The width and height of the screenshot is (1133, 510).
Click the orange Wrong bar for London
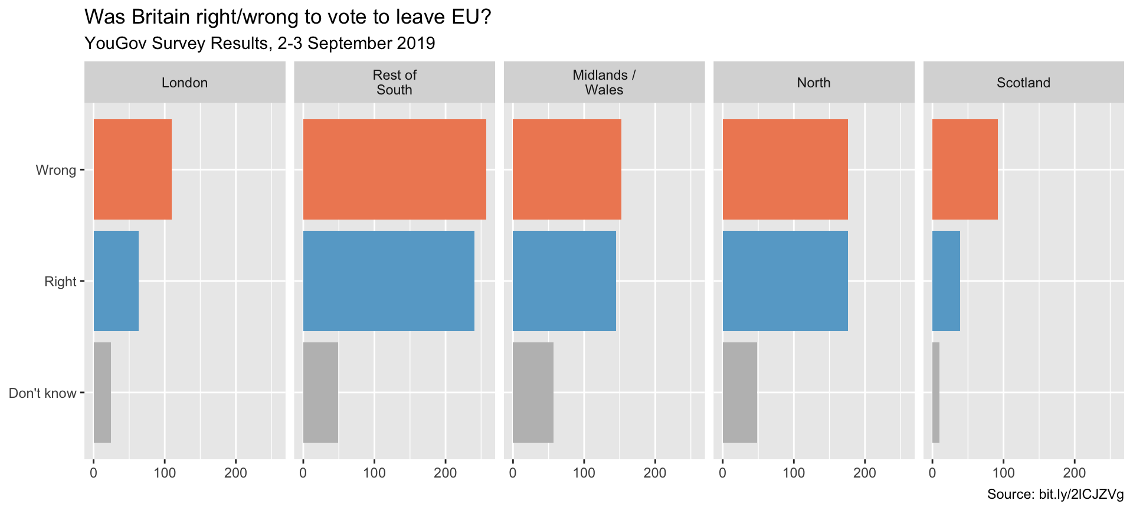click(132, 169)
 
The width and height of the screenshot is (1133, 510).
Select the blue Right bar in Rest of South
click(388, 281)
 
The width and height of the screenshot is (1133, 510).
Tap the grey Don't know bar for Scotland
click(936, 393)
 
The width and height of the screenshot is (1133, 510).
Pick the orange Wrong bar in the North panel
click(785, 169)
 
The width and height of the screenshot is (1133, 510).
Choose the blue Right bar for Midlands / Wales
click(564, 281)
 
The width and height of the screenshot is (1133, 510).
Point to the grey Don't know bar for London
click(102, 393)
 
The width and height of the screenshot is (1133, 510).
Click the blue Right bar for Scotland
click(946, 281)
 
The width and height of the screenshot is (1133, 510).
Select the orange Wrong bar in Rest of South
click(394, 169)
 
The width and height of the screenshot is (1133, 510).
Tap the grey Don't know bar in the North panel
click(739, 393)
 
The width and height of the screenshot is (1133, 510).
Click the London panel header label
click(185, 83)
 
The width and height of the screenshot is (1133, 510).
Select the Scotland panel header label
click(1023, 83)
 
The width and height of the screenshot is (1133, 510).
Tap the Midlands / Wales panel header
click(604, 83)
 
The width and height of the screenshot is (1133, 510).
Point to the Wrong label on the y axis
click(56, 170)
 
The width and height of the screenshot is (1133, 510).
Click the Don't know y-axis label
click(42, 393)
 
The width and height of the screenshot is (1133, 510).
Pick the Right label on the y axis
click(60, 282)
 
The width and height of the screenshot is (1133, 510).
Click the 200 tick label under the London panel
click(235, 473)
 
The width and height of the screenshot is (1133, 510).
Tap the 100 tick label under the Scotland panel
click(1003, 473)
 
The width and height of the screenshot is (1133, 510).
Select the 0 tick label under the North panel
click(723, 473)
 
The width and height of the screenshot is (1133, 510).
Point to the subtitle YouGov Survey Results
click(260, 43)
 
